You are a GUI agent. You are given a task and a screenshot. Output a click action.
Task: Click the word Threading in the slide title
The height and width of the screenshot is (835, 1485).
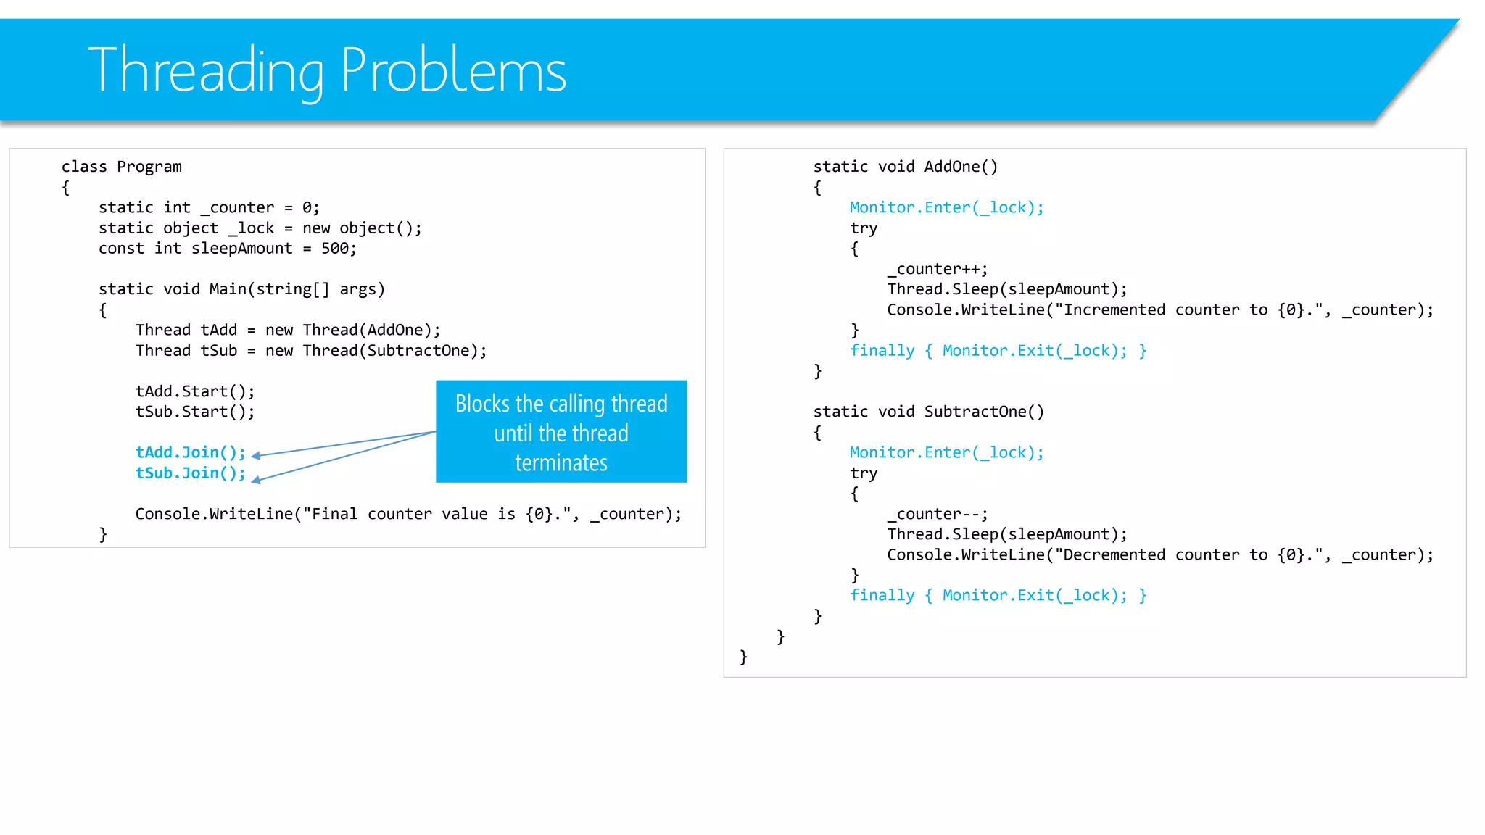pyautogui.click(x=205, y=70)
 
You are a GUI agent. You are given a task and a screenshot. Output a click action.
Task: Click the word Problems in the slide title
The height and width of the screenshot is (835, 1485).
pyautogui.click(x=453, y=70)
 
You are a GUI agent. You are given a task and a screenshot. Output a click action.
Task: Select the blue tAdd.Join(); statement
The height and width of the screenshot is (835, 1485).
pyautogui.click(x=190, y=452)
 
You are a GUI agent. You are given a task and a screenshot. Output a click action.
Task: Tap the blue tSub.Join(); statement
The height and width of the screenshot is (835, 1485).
pyautogui.click(x=190, y=473)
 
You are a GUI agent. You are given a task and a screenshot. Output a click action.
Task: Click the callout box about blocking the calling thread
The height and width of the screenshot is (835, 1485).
pyautogui.click(x=561, y=432)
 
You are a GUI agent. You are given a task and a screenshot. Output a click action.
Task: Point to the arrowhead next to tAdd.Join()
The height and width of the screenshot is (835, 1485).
pyautogui.click(x=256, y=456)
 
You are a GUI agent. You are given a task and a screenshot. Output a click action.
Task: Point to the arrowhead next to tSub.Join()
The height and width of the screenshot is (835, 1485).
pyautogui.click(x=256, y=478)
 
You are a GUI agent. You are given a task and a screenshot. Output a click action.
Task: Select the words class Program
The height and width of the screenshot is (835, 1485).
pyautogui.click(x=121, y=167)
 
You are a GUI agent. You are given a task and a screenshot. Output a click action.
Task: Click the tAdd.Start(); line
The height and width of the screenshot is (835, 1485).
pyautogui.click(x=195, y=391)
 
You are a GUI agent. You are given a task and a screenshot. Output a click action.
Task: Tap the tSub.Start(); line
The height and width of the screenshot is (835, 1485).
pyautogui.click(x=195, y=412)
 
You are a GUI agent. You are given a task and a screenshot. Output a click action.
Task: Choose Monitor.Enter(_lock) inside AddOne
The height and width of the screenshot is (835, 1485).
pyautogui.click(x=946, y=208)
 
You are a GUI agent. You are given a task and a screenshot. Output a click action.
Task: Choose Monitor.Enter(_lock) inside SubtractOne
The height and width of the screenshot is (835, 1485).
pyautogui.click(x=946, y=453)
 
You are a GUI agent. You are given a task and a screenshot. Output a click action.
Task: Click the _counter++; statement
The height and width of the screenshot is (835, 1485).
pyautogui.click(x=937, y=270)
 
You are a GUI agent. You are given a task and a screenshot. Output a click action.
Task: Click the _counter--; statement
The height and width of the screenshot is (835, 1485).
pyautogui.click(x=937, y=515)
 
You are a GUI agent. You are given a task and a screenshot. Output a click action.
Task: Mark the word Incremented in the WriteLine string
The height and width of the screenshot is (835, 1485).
pyautogui.click(x=1114, y=310)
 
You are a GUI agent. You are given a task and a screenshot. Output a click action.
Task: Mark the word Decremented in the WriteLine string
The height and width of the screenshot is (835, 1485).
pyautogui.click(x=1114, y=555)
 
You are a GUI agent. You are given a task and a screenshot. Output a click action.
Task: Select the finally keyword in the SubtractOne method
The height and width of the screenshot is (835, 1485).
pyautogui.click(x=882, y=596)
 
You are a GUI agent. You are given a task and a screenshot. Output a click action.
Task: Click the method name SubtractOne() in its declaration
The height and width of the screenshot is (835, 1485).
pyautogui.click(x=984, y=412)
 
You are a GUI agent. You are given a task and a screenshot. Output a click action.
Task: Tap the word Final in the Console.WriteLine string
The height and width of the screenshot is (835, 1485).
pyautogui.click(x=334, y=515)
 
